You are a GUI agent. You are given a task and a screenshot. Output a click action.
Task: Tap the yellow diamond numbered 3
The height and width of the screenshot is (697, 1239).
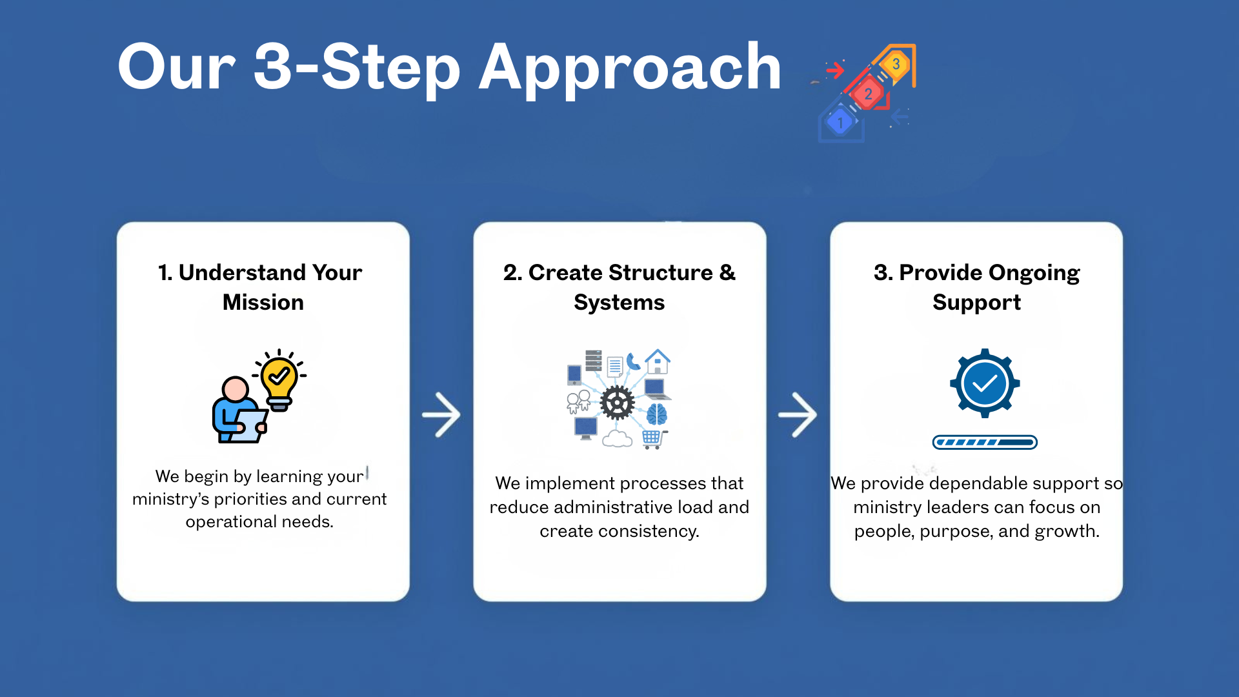896,64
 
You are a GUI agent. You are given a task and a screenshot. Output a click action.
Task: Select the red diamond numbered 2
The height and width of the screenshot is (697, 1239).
868,94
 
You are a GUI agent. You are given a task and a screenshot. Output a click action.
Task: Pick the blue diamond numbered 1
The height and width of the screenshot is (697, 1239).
840,122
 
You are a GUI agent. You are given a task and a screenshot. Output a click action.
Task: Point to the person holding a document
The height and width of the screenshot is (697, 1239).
236,413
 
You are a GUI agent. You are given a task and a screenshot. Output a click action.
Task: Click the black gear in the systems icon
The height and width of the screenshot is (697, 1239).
617,403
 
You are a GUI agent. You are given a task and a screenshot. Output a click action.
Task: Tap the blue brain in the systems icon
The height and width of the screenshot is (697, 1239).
656,414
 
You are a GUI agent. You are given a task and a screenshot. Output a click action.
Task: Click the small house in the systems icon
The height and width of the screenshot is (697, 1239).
658,361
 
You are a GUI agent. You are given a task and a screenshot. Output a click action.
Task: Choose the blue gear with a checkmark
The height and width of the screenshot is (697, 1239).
984,383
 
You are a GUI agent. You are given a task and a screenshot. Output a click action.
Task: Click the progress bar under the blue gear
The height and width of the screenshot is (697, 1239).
984,442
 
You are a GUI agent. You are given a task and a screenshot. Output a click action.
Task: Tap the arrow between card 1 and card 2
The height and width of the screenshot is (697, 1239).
441,414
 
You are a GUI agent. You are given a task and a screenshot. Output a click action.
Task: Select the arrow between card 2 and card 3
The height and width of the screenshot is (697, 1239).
798,414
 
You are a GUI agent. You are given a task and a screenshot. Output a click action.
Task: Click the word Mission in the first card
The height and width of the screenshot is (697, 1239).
263,302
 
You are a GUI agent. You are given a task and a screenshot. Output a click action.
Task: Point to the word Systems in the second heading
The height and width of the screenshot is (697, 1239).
619,302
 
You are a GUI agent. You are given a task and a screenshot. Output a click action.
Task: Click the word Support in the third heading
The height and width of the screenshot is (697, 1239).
976,302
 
